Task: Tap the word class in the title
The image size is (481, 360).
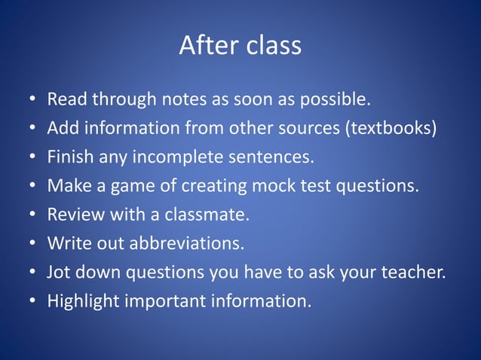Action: click(273, 46)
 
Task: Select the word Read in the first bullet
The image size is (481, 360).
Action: click(66, 99)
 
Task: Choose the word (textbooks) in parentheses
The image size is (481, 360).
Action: click(391, 128)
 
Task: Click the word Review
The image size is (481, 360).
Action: click(74, 215)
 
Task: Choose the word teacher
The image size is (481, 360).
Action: click(416, 273)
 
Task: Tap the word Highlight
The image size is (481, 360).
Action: click(82, 301)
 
